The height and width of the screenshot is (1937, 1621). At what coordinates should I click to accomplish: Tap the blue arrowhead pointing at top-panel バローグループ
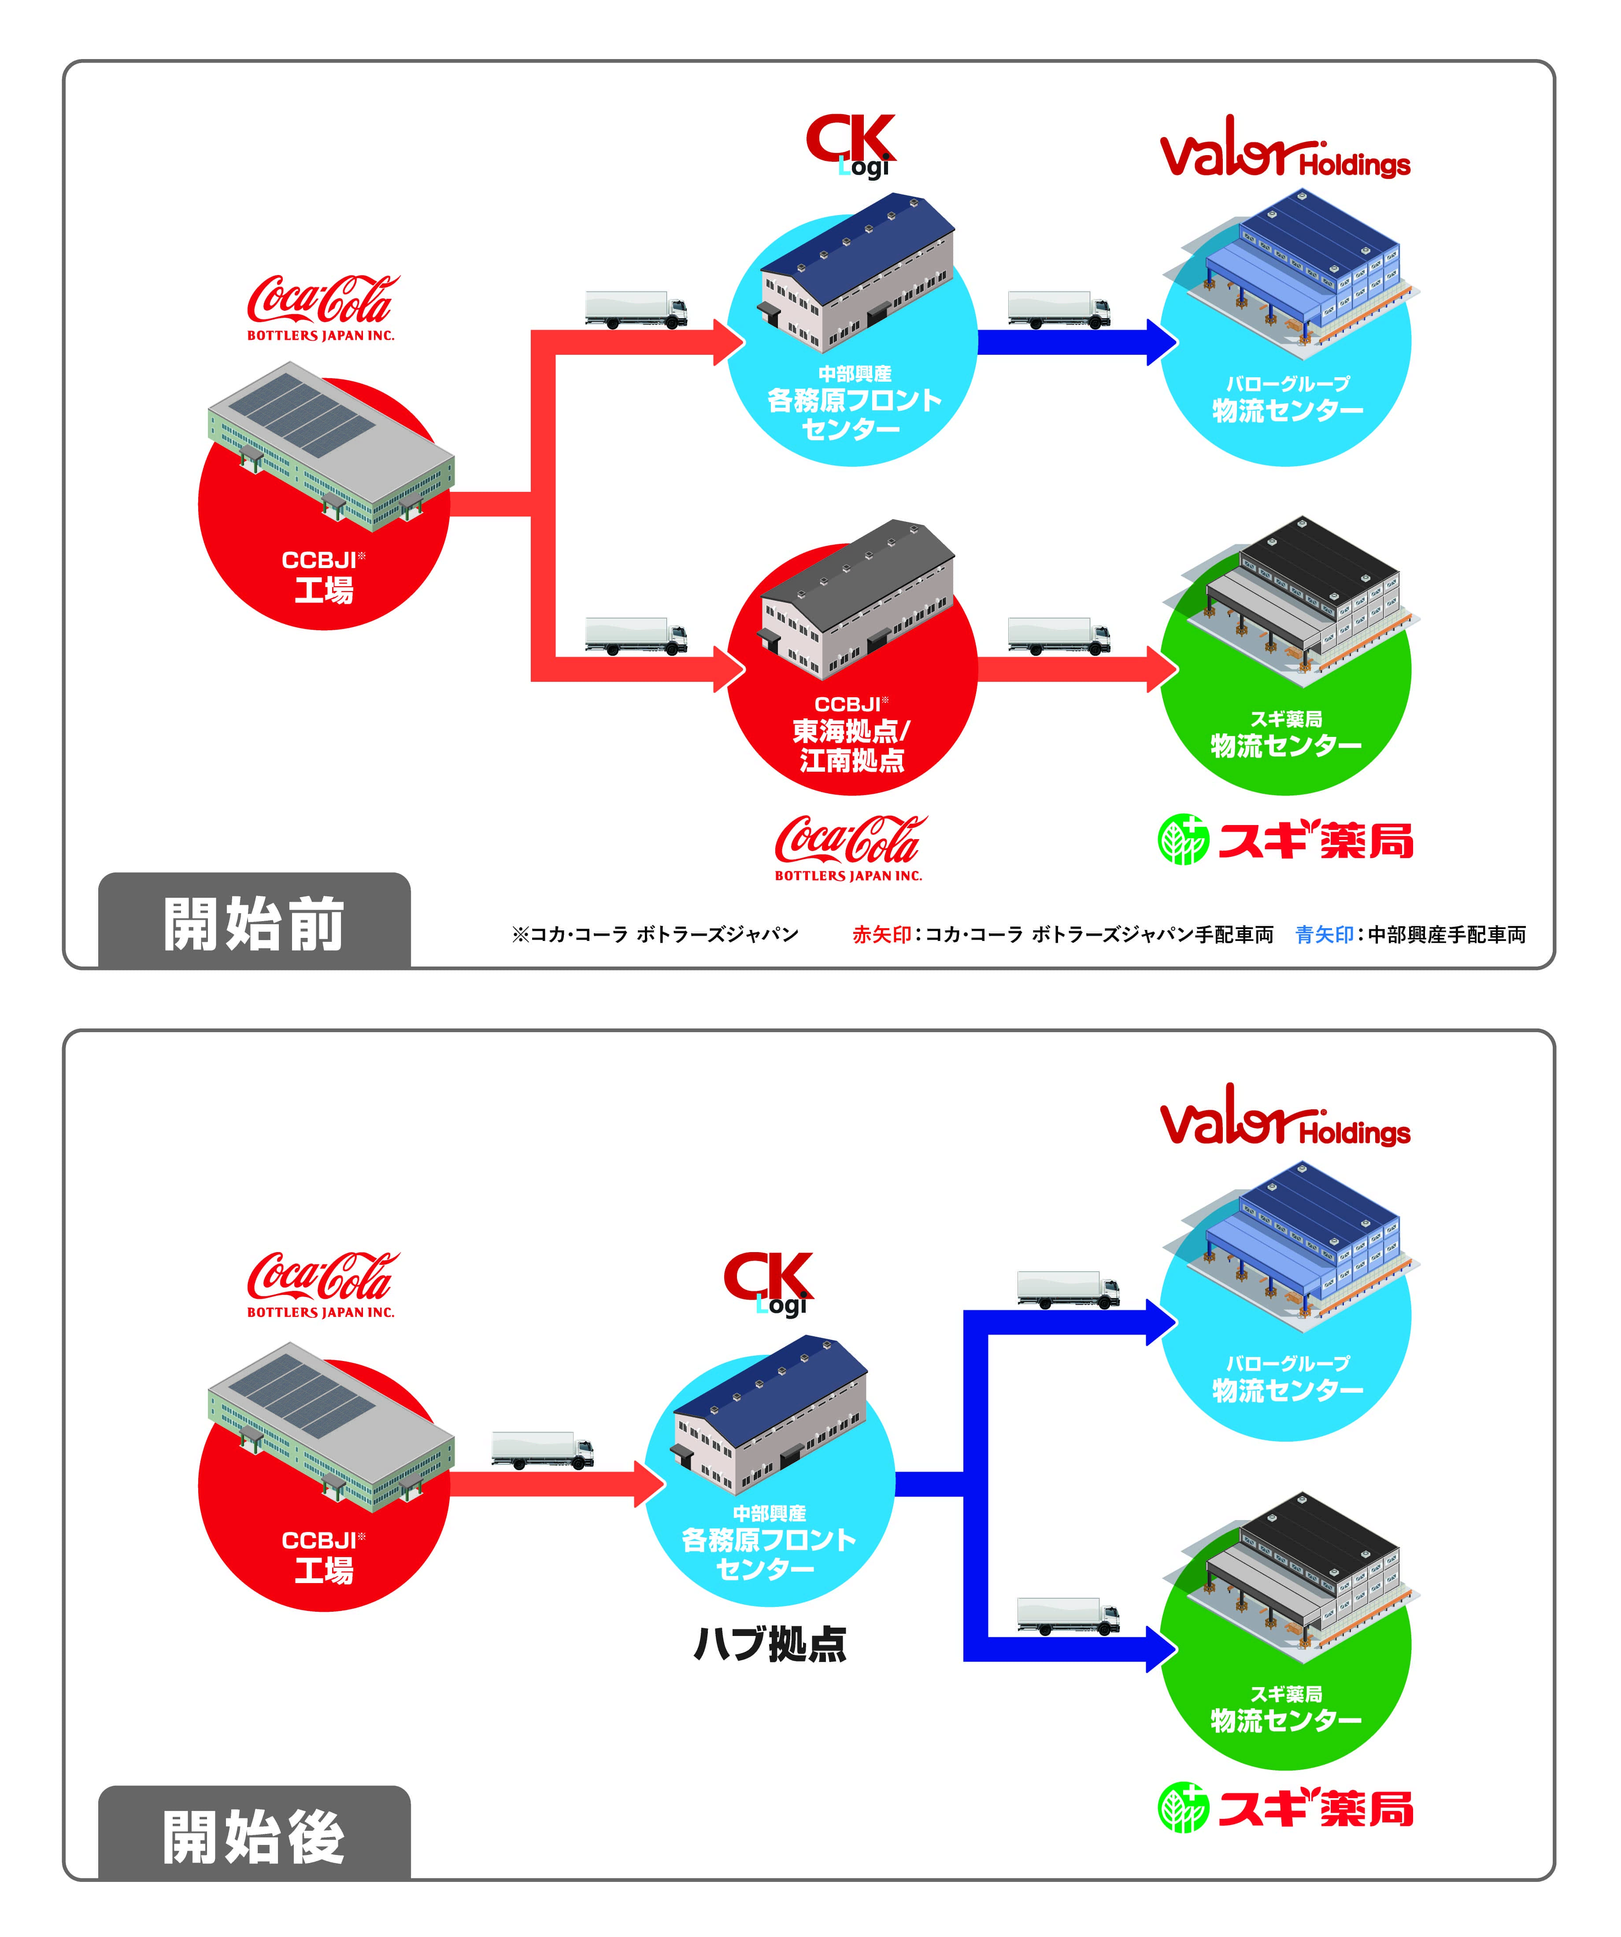tap(1162, 342)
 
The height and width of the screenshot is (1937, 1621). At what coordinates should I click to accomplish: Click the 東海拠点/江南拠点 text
tap(851, 745)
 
